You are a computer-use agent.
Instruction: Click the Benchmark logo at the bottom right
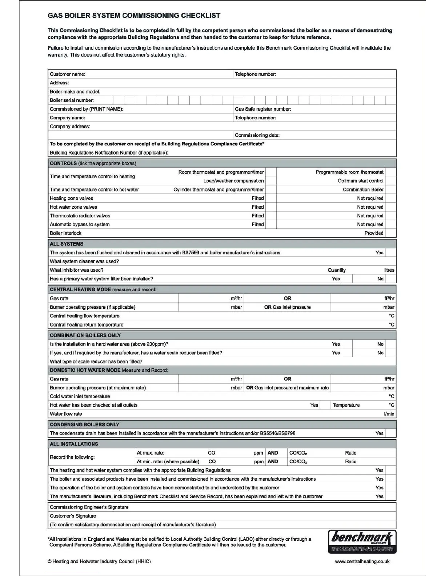(x=362, y=541)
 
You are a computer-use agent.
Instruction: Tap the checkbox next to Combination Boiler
(x=390, y=189)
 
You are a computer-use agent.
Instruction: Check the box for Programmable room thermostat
(x=390, y=172)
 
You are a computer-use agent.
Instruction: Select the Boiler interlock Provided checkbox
(x=390, y=233)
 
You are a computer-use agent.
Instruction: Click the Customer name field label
(x=68, y=74)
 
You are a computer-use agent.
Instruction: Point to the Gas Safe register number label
(x=263, y=109)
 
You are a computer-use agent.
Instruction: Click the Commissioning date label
(x=257, y=135)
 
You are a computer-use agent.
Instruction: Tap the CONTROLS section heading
(x=63, y=163)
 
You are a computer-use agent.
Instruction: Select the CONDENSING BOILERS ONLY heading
(x=84, y=424)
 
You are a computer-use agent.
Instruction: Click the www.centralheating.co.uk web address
(x=362, y=561)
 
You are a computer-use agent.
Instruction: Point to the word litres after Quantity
(x=389, y=270)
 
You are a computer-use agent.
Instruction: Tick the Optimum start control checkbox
(x=390, y=181)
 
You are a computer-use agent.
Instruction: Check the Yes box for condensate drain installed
(x=390, y=433)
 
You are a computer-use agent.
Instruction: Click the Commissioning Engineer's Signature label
(x=89, y=507)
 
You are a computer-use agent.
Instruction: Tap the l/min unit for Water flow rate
(x=389, y=414)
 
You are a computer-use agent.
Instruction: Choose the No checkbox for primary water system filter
(x=390, y=279)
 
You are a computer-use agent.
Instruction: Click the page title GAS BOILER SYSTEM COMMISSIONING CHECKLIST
(x=134, y=16)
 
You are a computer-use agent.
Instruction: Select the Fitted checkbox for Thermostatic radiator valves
(x=271, y=216)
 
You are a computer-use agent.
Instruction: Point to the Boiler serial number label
(x=72, y=100)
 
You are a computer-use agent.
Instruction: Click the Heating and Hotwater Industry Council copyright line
(x=99, y=561)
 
